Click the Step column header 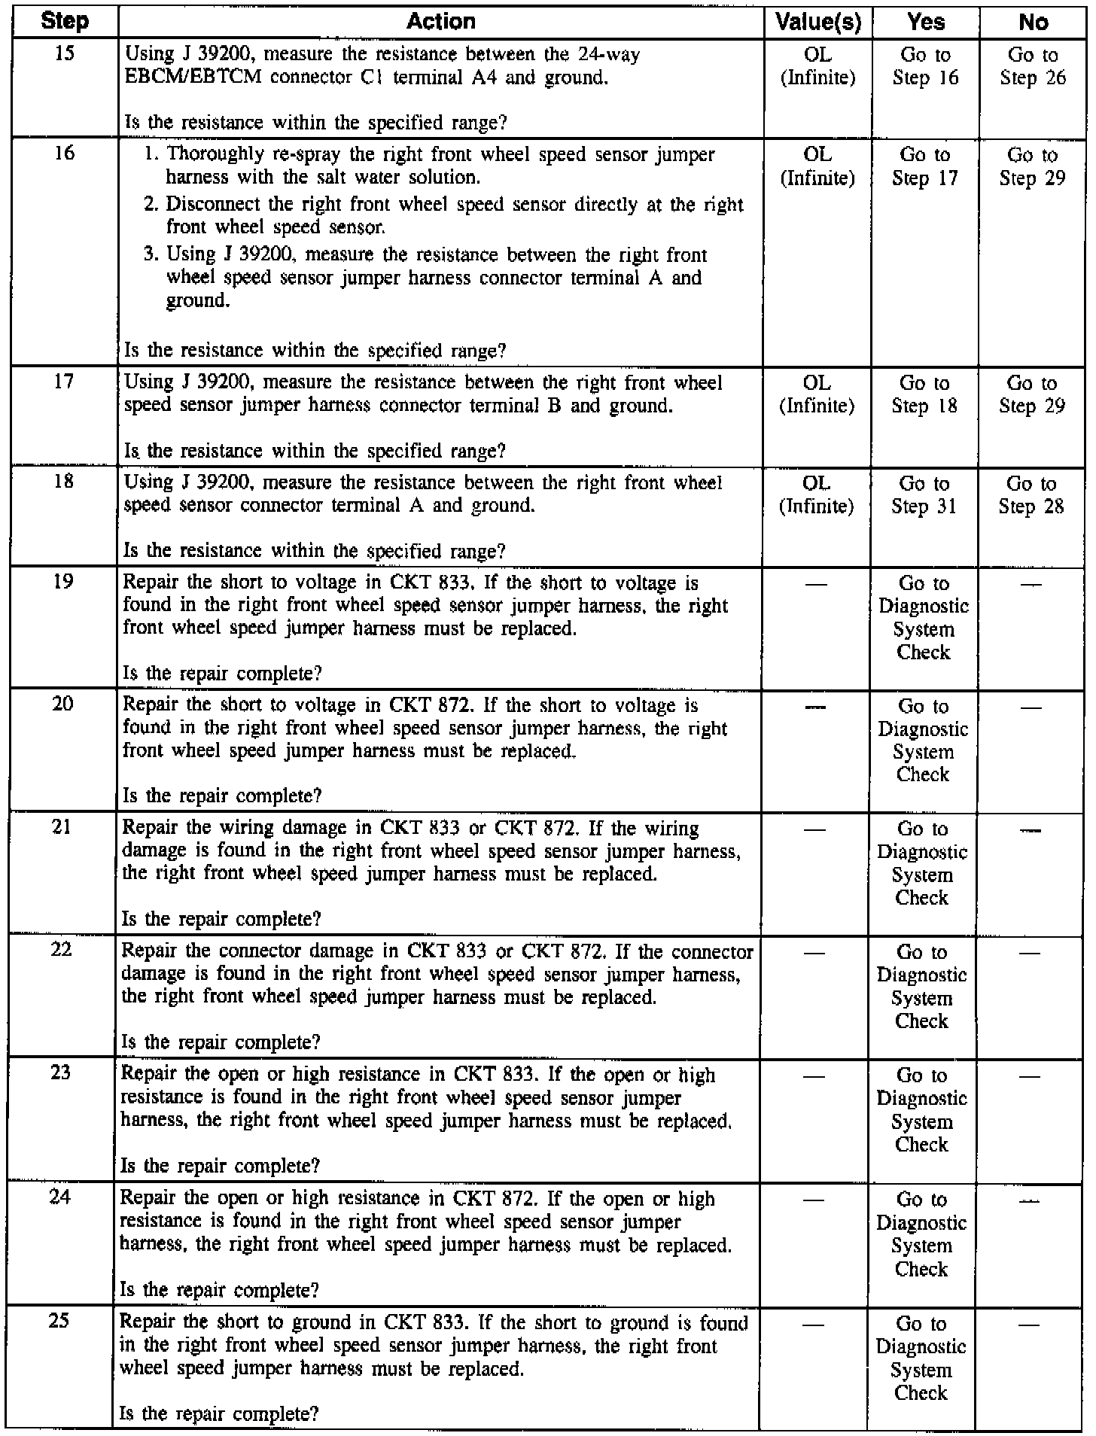coord(65,21)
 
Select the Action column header coord(440,21)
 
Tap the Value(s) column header coord(817,22)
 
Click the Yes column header coord(925,22)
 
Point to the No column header coord(1033,22)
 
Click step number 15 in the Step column coord(65,54)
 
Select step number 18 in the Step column coord(64,481)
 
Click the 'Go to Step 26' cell coord(1033,66)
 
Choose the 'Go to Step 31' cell coord(924,494)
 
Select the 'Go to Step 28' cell coord(1032,494)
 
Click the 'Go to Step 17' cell coord(925,166)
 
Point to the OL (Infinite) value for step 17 coord(817,394)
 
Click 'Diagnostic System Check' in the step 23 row coord(921,1110)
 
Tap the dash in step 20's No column coord(1031,707)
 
